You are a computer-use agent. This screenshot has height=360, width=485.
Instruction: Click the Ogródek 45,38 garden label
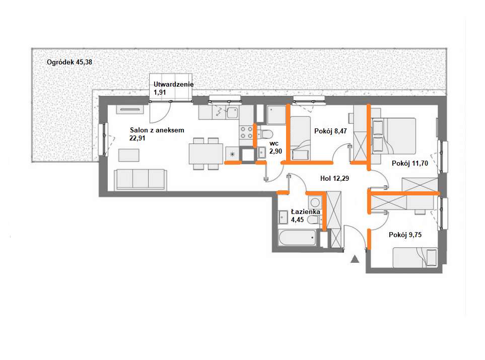tap(70, 62)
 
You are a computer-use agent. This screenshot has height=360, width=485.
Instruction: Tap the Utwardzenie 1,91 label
tap(174, 88)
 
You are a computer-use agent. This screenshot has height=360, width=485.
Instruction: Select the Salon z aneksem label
tap(157, 130)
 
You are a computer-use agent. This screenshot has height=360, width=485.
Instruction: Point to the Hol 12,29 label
tap(335, 178)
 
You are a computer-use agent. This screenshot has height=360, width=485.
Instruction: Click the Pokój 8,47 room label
tap(330, 131)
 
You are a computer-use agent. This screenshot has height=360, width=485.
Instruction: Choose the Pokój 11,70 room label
tap(410, 163)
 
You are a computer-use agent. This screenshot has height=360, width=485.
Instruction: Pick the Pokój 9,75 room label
tap(405, 235)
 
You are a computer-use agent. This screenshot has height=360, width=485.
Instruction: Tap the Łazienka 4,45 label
tap(305, 215)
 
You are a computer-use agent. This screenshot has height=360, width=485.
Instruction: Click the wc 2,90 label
tap(275, 148)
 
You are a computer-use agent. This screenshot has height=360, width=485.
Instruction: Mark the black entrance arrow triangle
tap(355, 259)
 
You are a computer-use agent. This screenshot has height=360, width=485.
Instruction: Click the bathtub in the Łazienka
tap(297, 238)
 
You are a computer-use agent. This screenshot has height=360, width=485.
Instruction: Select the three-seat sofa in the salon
tap(141, 179)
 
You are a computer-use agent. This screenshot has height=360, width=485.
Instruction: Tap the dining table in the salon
tap(205, 154)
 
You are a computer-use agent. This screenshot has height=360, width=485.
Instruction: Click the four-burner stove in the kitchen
tap(246, 132)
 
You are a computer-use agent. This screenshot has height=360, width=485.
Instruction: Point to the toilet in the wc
tap(265, 134)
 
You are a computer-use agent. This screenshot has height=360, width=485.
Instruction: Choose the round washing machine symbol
tap(315, 203)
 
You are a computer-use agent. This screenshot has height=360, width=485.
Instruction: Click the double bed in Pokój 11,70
tap(394, 136)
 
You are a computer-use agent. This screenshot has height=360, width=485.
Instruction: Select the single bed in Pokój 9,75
tap(415, 257)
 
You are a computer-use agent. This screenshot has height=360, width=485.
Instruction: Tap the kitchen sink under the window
tap(232, 113)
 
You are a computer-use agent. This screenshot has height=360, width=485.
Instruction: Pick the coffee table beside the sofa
tap(128, 155)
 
